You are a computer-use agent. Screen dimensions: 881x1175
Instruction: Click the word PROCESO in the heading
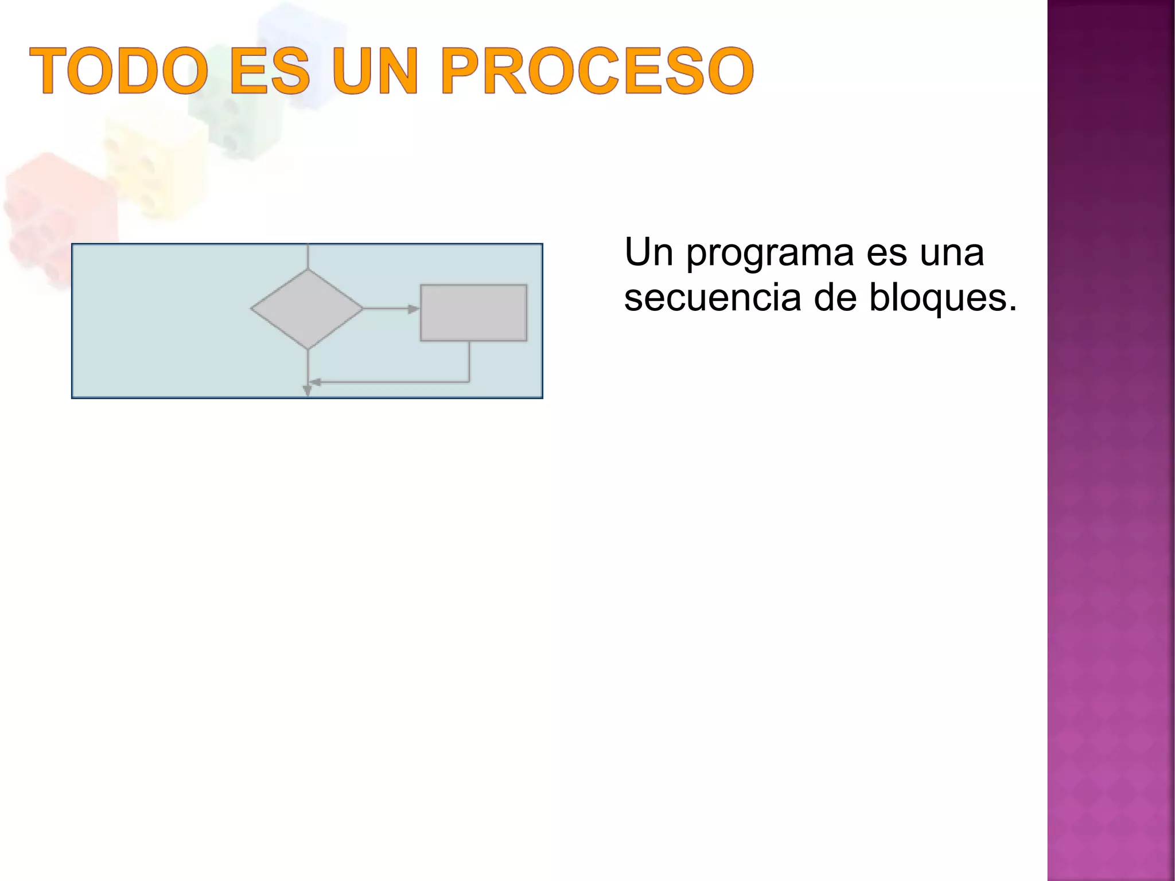597,71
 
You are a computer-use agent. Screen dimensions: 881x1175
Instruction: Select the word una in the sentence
952,253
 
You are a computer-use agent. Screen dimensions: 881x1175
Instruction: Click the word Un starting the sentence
648,253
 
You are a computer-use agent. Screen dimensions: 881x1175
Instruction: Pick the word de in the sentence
835,298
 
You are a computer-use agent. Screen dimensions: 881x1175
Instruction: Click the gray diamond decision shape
307,309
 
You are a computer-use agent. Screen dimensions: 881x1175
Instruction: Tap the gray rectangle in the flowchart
473,313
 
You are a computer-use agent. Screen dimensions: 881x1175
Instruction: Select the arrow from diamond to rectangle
390,309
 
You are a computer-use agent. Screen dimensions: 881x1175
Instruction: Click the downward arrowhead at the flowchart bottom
308,391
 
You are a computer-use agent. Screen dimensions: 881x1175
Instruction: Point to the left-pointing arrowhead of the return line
315,382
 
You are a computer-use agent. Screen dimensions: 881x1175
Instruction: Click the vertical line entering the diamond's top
308,256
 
